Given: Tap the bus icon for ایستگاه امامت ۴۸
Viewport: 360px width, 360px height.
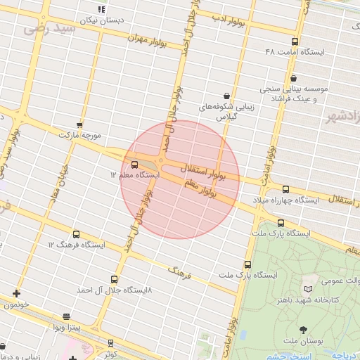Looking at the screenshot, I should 293,41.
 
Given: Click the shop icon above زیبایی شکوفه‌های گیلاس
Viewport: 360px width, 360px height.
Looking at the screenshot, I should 226,95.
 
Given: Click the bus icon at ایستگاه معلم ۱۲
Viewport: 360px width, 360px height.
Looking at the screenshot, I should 134,165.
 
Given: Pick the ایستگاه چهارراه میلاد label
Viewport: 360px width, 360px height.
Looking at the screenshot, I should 288,200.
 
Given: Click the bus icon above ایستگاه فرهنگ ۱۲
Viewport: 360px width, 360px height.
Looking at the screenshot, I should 77,234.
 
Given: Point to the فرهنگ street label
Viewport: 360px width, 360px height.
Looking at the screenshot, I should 179,271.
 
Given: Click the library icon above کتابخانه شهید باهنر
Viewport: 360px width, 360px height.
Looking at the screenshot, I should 307,289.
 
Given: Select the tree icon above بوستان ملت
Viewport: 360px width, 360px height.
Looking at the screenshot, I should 303,330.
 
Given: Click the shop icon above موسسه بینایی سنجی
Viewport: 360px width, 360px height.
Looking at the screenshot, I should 293,78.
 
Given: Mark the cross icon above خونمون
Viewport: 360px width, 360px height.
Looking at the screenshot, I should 15,293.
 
